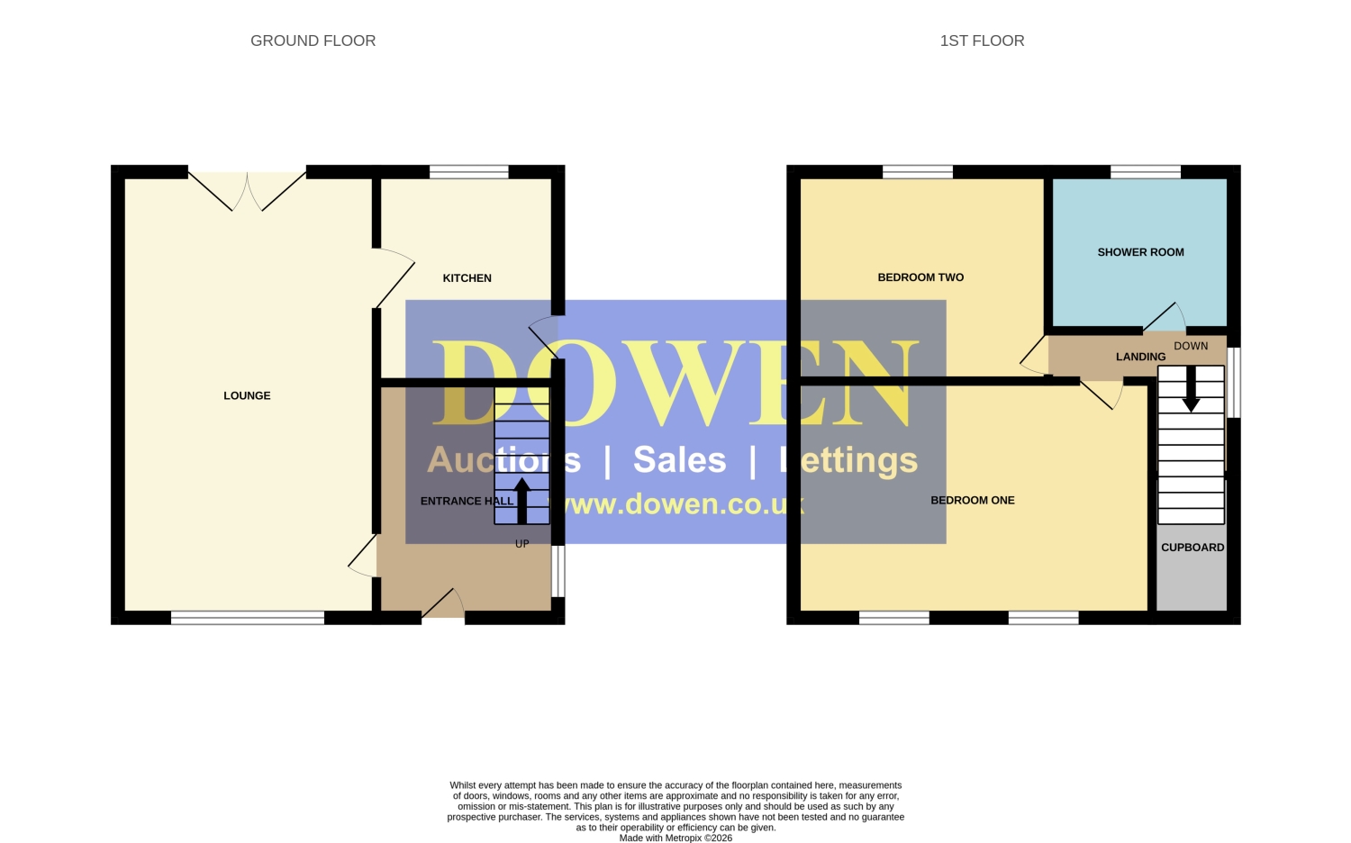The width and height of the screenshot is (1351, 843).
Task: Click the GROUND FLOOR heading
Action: point(313,41)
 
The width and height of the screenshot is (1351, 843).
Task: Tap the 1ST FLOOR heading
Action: point(982,41)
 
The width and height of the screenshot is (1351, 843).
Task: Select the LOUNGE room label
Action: point(248,395)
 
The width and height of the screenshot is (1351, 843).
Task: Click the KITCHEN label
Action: point(467,278)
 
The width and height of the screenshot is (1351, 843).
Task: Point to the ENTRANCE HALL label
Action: point(467,501)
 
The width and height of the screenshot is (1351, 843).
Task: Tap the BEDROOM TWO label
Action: point(920,277)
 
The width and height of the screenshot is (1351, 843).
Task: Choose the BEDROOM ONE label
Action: point(972,501)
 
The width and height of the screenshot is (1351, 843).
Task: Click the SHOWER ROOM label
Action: point(1140,252)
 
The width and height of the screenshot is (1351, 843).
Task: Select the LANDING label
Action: point(1140,357)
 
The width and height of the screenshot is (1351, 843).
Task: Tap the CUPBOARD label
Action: point(1192,548)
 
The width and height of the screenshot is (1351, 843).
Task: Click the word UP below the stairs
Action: point(522,544)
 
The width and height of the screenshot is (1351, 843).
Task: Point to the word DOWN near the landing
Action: point(1191,346)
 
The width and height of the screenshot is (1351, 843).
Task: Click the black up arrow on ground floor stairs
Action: point(521,501)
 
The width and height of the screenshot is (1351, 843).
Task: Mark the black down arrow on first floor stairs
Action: point(1191,390)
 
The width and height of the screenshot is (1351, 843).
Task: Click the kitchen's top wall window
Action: point(468,172)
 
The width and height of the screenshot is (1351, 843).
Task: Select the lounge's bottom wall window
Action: point(248,618)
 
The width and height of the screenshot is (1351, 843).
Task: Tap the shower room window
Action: point(1146,172)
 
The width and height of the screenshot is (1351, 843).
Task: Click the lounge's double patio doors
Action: point(248,191)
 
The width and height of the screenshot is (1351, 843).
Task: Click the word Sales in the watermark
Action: point(680,459)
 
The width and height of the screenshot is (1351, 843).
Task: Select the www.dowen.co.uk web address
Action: point(675,504)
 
